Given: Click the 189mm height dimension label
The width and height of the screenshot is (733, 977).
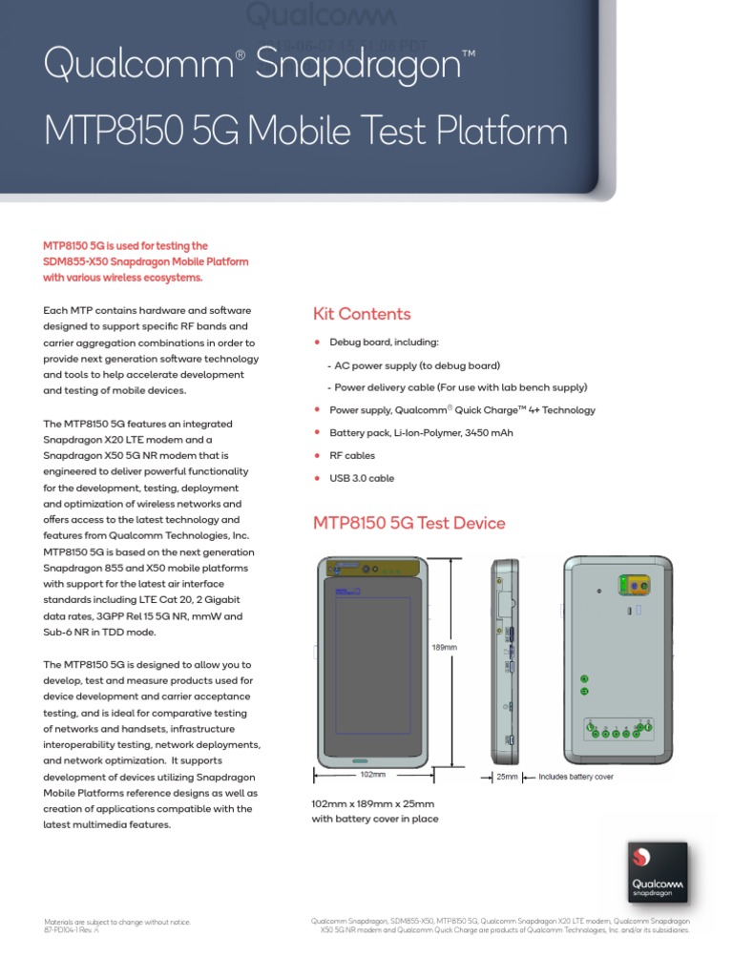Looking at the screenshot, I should (446, 647).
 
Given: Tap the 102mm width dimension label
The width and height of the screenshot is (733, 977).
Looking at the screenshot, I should (373, 775).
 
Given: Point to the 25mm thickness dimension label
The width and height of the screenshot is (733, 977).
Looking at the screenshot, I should (507, 777).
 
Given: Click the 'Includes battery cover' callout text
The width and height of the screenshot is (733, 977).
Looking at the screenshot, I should (576, 777).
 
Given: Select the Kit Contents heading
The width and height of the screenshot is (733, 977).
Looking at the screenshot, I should (362, 314).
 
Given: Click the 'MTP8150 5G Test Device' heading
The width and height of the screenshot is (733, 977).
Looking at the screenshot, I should (409, 523).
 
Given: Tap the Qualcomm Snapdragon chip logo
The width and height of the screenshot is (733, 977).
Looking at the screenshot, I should (658, 873).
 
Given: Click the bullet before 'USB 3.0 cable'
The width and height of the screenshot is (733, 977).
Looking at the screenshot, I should (317, 478).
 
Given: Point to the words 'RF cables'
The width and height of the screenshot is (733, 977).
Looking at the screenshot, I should (352, 456).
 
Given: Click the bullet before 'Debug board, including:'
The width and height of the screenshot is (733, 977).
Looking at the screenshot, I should (317, 342).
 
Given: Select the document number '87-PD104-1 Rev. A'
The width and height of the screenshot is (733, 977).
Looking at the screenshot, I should (72, 929).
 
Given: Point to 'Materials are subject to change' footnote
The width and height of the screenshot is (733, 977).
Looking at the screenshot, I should (117, 922).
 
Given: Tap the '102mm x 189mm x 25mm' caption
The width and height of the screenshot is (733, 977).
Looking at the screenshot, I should (373, 803).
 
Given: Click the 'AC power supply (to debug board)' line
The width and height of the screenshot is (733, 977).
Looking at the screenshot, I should (416, 365).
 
